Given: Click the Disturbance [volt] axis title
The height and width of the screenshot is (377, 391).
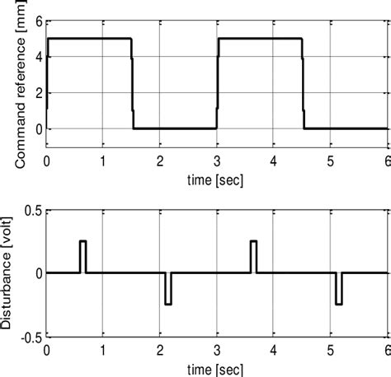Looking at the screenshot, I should coord(9,273).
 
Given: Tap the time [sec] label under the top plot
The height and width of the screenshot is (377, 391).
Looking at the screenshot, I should coord(215,176).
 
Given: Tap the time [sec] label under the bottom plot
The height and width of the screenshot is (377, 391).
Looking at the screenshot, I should coord(215,367).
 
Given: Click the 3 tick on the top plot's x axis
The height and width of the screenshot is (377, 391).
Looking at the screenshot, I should coord(217,161).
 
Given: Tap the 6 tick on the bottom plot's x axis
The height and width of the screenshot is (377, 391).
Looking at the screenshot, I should coord(386,349).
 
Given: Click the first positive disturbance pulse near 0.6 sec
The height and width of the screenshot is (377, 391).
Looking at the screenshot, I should coord(82,255).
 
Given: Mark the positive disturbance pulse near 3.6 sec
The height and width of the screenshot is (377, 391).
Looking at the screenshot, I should coord(253,255).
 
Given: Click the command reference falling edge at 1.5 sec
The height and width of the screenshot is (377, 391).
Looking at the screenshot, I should coord(132,82).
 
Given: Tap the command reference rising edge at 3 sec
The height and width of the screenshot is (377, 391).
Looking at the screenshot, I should coord(217,82).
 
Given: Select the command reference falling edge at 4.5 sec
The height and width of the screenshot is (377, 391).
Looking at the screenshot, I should coord(303,82).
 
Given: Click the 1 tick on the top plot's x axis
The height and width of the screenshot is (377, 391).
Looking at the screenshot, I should coord(103,161).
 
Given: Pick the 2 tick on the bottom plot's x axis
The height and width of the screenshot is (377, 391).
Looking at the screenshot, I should coord(160,349).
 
